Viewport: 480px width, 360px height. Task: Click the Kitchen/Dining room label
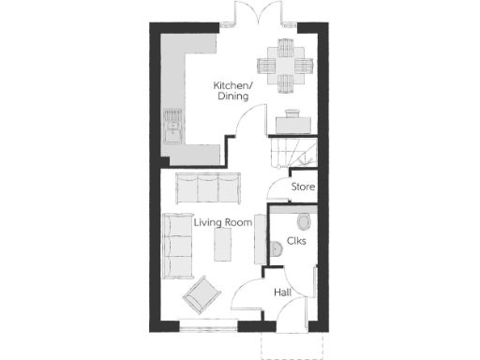click(232, 90)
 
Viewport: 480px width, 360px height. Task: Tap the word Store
click(301, 187)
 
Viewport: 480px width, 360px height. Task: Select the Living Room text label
click(223, 223)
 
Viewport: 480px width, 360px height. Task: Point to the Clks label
click(297, 241)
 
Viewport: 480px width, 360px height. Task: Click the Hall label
click(281, 293)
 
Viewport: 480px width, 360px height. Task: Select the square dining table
click(285, 66)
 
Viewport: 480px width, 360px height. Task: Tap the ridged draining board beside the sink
click(172, 116)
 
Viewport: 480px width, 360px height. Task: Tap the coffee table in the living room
click(224, 247)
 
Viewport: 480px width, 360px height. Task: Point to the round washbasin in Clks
click(275, 249)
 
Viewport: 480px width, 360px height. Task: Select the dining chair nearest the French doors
click(285, 47)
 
